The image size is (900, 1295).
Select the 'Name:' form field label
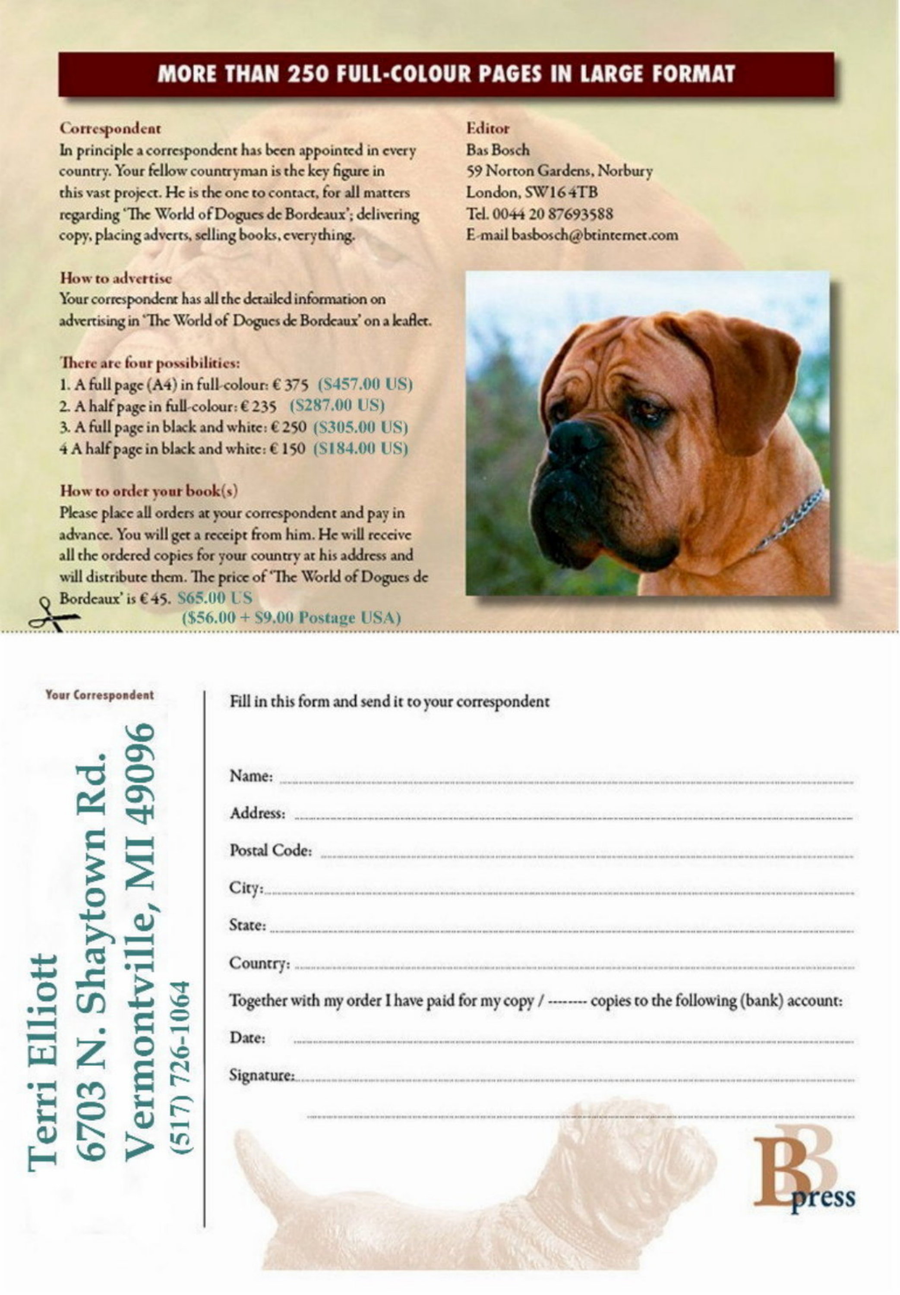point(251,776)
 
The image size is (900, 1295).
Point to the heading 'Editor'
point(487,129)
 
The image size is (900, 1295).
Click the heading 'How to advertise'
point(116,278)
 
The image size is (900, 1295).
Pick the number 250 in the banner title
point(309,74)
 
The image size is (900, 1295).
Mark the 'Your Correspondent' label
point(99,695)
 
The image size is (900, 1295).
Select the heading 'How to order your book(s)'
point(149,490)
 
